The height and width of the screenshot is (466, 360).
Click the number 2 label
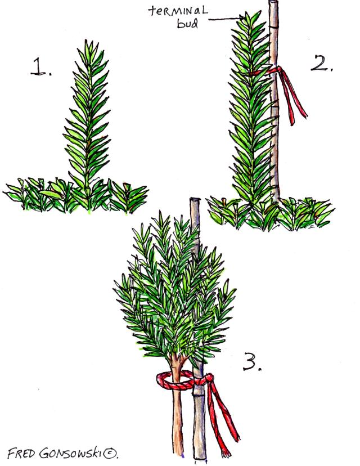tap(321, 62)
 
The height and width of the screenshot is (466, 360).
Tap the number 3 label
tap(252, 361)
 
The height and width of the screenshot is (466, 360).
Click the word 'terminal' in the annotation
tap(177, 11)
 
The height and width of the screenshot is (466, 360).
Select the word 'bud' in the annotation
tap(188, 23)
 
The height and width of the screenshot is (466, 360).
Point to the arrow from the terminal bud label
tap(226, 19)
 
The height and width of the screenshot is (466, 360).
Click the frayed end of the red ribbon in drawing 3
tap(226, 452)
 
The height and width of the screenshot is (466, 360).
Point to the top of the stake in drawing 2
tap(273, 2)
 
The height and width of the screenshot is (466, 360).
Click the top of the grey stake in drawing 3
tap(195, 199)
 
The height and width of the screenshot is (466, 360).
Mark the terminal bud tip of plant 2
tap(247, 15)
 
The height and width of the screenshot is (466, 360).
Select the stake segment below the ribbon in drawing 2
tap(274, 134)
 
